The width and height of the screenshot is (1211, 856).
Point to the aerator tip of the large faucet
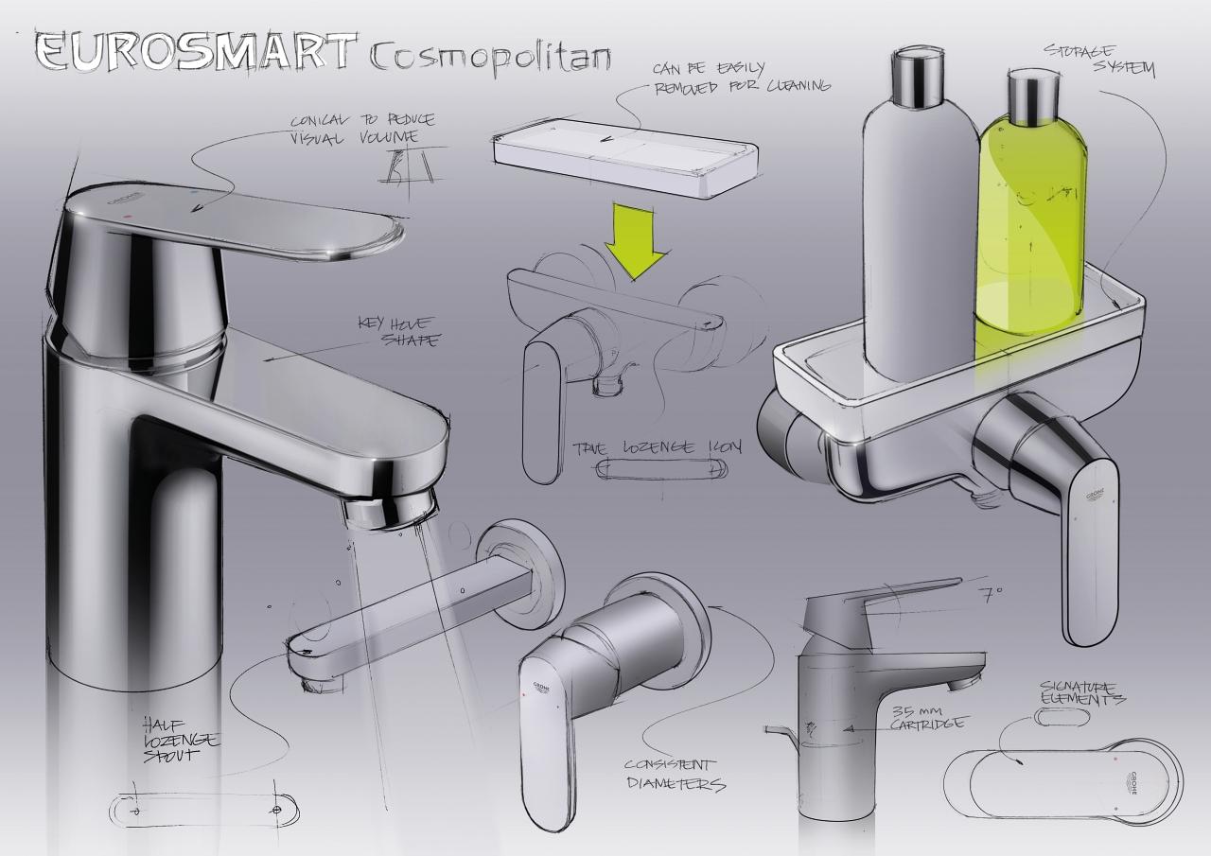pos(388,510)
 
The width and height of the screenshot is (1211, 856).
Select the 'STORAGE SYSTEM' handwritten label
pos(1097,59)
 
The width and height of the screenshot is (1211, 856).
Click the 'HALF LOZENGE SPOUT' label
pos(180,739)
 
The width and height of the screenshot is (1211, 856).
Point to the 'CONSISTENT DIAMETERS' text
pos(675,774)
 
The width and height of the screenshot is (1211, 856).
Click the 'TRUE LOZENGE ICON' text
pos(658,447)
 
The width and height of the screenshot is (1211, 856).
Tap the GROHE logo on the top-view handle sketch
pos(1132,781)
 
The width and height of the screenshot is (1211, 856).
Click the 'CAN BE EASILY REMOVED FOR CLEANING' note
pos(740,78)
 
